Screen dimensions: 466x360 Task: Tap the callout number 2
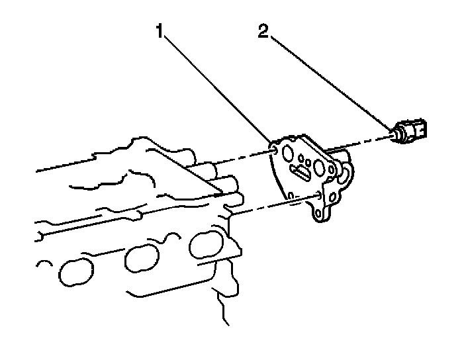[x=263, y=31]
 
